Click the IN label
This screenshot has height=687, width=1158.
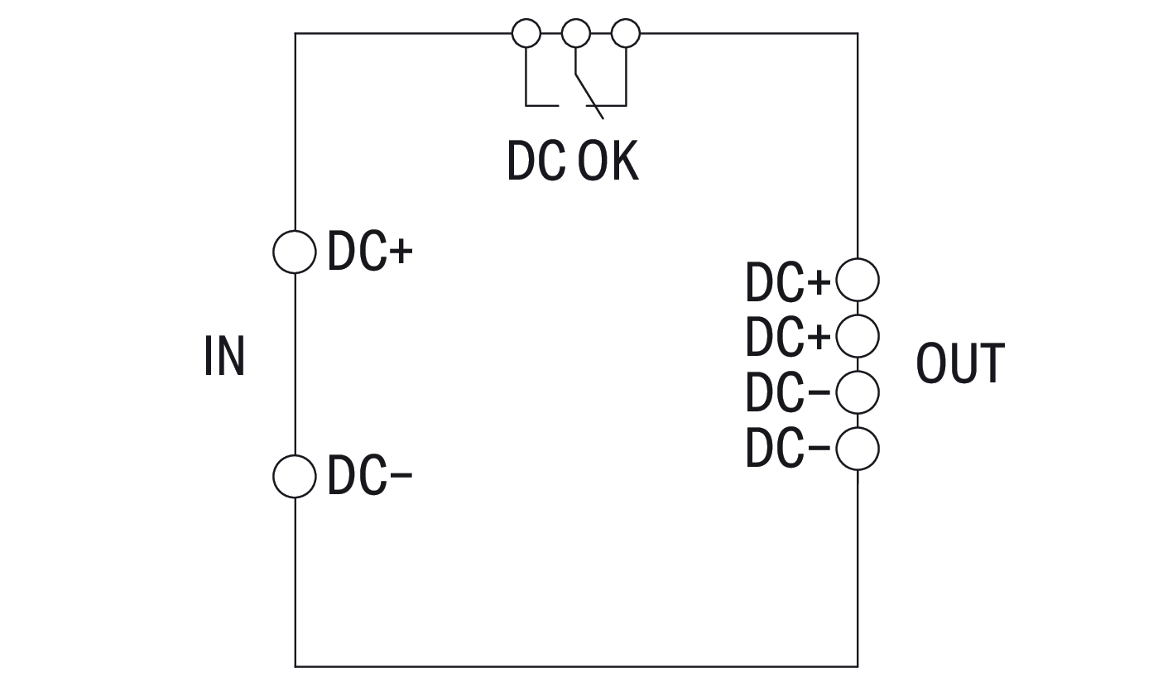(224, 357)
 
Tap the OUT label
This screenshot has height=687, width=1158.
(960, 364)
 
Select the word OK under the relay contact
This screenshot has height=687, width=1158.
(608, 161)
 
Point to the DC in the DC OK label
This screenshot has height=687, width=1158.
(536, 161)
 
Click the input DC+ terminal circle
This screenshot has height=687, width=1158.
(295, 252)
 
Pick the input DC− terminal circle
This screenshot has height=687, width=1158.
(295, 476)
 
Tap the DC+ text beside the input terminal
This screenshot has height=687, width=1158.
(370, 252)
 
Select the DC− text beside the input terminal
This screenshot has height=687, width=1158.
(370, 477)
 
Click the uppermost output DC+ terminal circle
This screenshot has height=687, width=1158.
(858, 280)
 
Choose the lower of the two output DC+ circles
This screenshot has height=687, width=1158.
(858, 335)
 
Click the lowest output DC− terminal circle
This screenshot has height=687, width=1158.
(858, 449)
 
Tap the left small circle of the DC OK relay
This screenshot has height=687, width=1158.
(526, 34)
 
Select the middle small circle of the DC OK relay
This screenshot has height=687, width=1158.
(575, 34)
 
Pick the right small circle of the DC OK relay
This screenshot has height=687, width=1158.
(626, 34)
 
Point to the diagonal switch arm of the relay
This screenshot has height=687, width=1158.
(589, 95)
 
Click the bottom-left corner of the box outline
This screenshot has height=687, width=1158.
(296, 665)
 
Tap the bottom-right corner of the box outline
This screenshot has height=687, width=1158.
(858, 665)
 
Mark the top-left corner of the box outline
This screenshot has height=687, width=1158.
(296, 34)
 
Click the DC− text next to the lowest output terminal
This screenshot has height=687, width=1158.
(787, 449)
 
